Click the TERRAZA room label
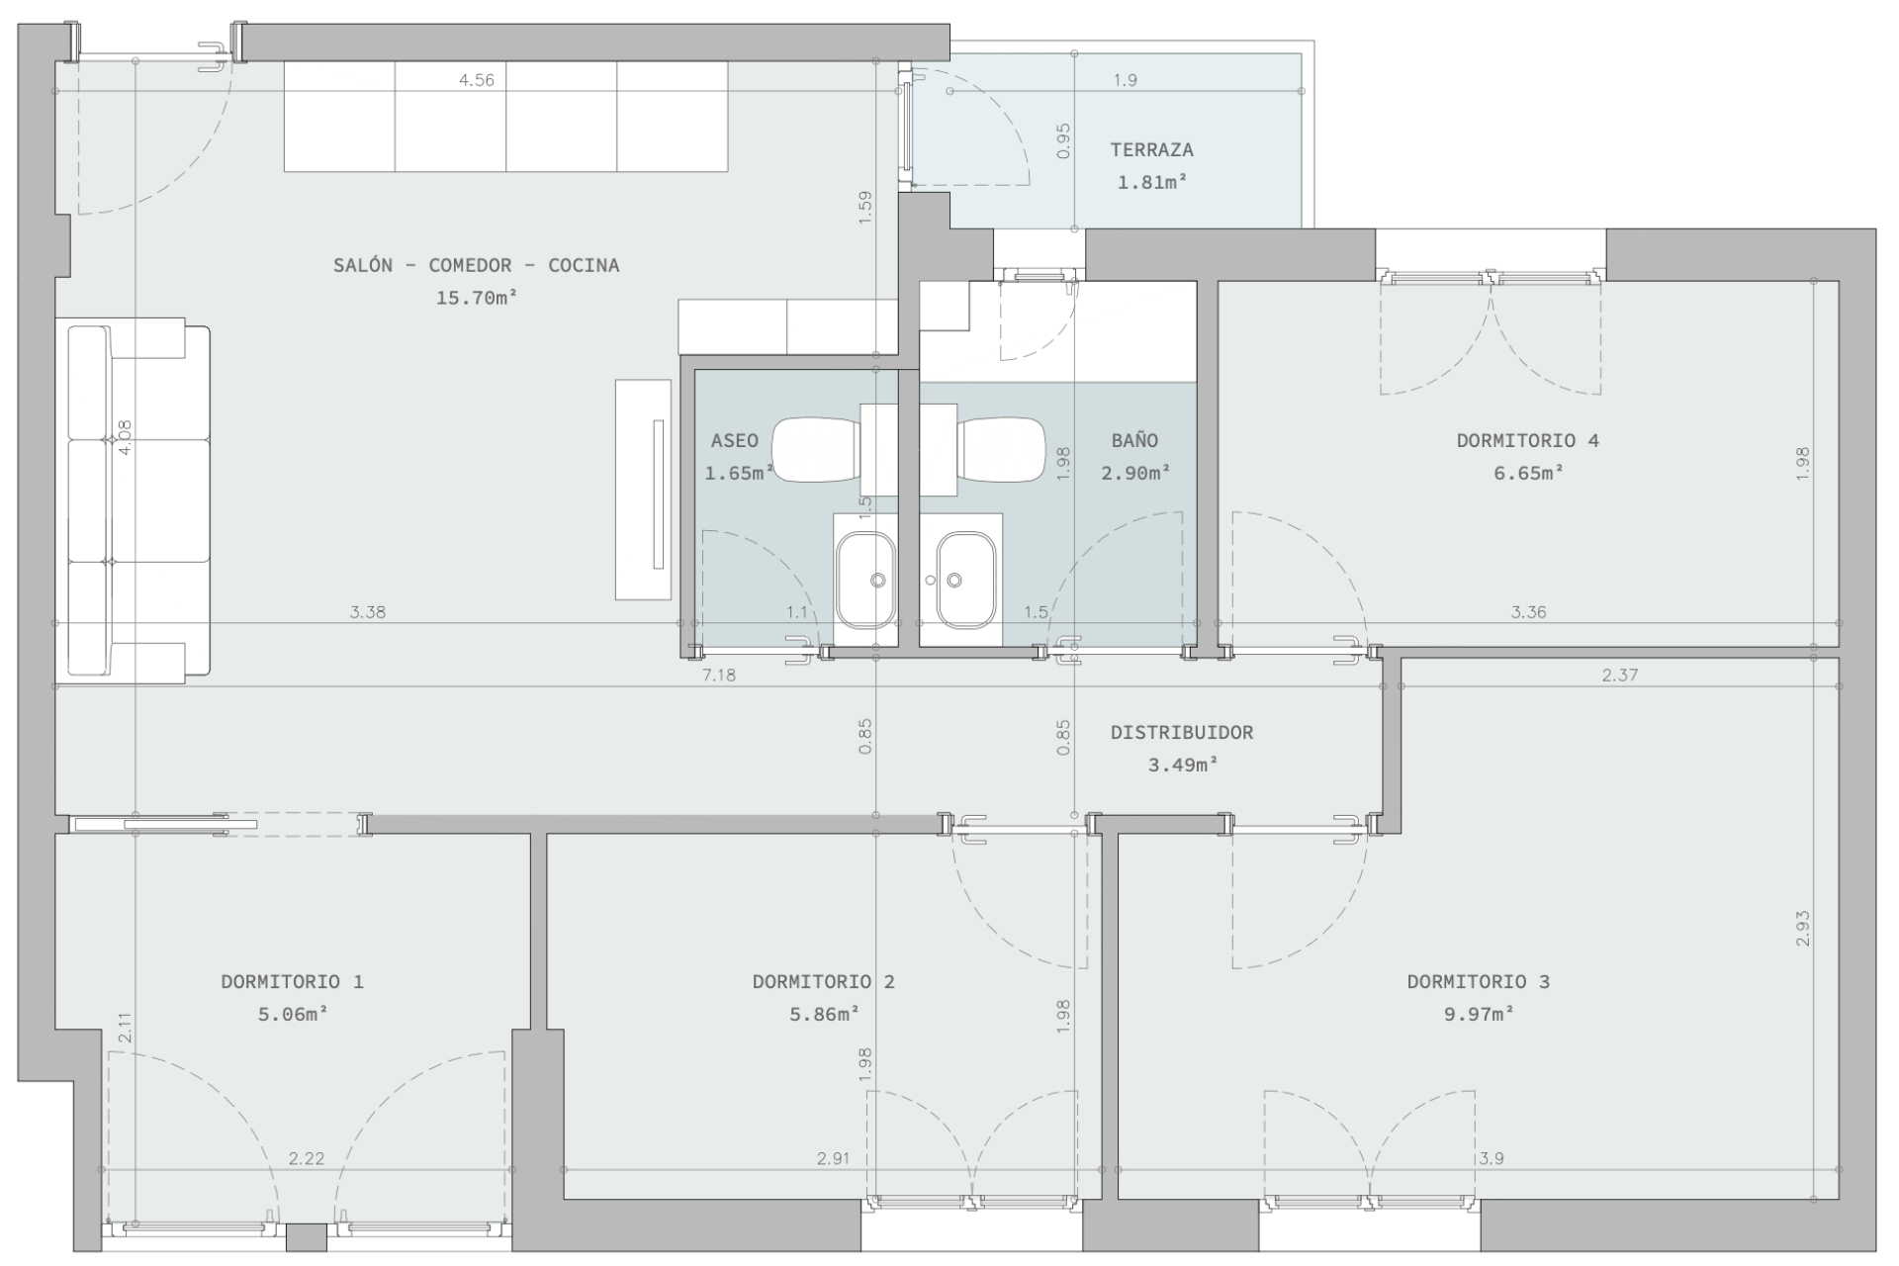[1151, 150]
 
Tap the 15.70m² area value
[478, 297]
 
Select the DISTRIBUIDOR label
[1182, 733]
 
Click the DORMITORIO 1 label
[292, 982]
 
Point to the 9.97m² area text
[1479, 1014]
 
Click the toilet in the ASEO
[816, 449]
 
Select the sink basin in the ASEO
[865, 581]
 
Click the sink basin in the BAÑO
[966, 581]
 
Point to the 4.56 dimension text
[477, 80]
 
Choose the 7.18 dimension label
[719, 676]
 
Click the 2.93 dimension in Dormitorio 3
[1803, 929]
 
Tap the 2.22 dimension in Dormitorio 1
[307, 1158]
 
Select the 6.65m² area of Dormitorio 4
[1529, 473]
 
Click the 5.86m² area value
[823, 1014]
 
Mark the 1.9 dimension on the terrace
[1126, 80]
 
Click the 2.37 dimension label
[1620, 676]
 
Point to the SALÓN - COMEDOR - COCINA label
[477, 265]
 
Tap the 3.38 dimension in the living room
[368, 612]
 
